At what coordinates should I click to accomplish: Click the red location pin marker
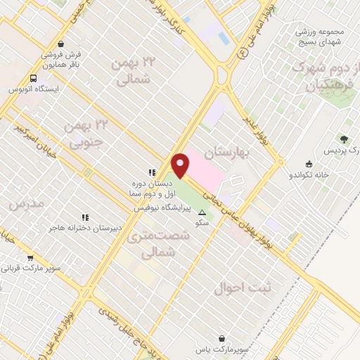click(x=181, y=165)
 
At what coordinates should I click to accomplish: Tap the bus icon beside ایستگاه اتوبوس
click(x=34, y=79)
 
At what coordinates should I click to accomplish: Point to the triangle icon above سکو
click(x=202, y=212)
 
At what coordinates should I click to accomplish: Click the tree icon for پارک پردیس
click(x=344, y=139)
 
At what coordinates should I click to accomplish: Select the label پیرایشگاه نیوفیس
click(x=160, y=209)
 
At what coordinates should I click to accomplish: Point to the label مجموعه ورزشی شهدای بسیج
click(x=312, y=37)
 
